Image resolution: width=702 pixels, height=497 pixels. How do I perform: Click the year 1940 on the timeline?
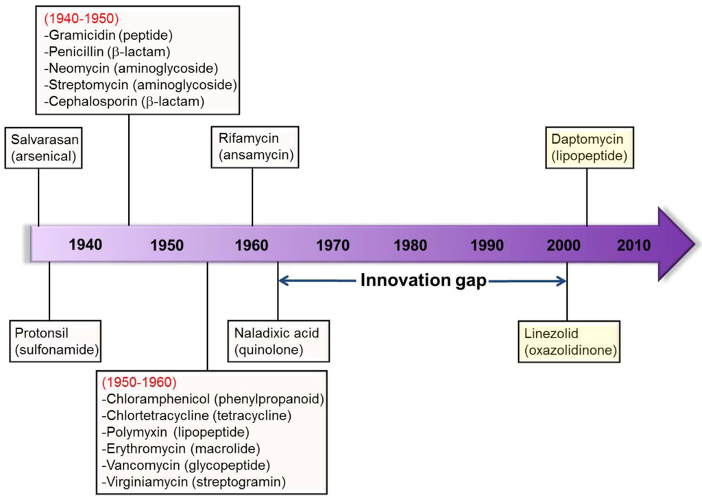click(85, 244)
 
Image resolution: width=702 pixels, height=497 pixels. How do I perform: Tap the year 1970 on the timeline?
click(332, 244)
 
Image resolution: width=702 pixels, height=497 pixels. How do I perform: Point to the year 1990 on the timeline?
click(487, 244)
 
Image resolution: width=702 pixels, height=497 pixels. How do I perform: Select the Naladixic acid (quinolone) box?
click(278, 342)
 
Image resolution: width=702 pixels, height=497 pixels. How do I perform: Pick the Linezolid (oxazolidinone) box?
click(569, 342)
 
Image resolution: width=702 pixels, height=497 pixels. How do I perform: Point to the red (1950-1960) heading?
click(139, 382)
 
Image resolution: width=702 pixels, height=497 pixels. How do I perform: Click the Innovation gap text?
click(424, 281)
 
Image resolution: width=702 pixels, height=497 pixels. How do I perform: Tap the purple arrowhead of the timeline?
click(675, 244)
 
